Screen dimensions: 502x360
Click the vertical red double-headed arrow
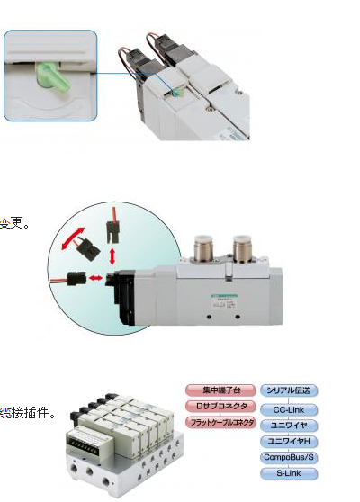pyautogui.click(x=111, y=255)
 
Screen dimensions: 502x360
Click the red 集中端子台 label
pyautogui.click(x=220, y=390)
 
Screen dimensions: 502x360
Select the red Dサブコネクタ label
pyautogui.click(x=220, y=407)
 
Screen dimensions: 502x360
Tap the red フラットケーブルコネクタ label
pyautogui.click(x=220, y=422)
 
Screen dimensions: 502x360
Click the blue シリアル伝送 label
pyautogui.click(x=289, y=390)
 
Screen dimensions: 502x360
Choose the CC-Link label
pyautogui.click(x=289, y=409)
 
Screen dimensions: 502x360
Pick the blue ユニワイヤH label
pyautogui.click(x=289, y=441)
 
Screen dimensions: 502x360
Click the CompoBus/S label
pyautogui.click(x=289, y=456)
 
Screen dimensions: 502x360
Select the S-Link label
pyautogui.click(x=289, y=472)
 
